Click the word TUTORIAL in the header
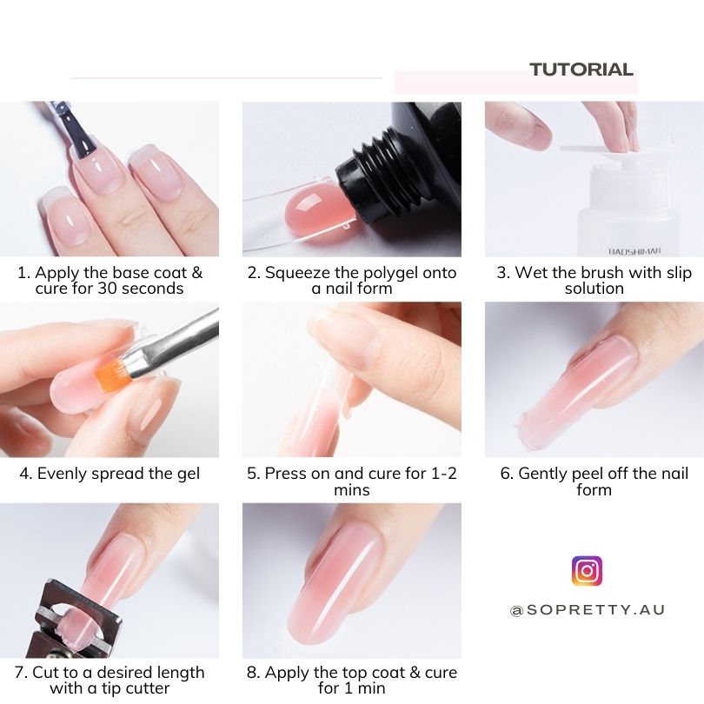(581, 70)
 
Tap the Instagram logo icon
(587, 571)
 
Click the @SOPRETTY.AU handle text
(587, 610)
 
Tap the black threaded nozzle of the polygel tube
(376, 175)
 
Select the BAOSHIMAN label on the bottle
(634, 251)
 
